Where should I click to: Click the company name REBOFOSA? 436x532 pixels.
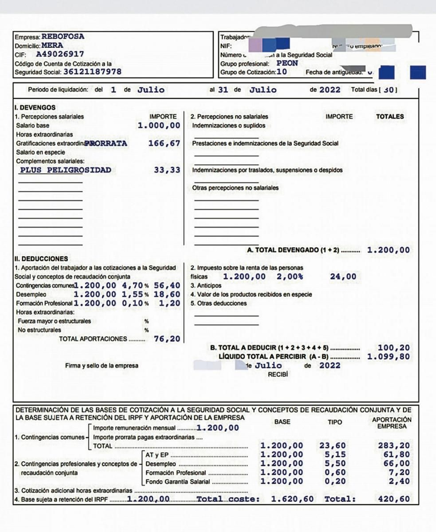click(63, 37)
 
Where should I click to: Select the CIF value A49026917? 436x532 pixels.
click(60, 54)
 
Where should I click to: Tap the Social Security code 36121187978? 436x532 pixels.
click(92, 72)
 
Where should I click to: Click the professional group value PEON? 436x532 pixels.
click(287, 63)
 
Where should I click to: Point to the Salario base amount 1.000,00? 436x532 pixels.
click(159, 125)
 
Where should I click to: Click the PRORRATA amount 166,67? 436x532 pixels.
click(164, 143)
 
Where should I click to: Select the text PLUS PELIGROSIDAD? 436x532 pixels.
click(65, 170)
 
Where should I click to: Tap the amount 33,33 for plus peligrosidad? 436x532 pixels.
click(167, 170)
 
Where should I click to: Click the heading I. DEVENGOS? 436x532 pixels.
click(35, 107)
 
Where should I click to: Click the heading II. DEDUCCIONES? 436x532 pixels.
click(41, 259)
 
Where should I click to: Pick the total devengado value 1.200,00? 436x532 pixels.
click(388, 250)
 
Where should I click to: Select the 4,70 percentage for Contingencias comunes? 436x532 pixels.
click(132, 285)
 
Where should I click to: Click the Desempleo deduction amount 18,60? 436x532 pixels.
click(167, 294)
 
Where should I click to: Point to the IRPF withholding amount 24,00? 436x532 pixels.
click(343, 276)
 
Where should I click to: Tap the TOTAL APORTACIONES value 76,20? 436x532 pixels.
click(167, 339)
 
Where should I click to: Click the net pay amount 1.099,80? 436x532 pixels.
click(388, 356)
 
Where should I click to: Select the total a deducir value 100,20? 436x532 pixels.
click(393, 348)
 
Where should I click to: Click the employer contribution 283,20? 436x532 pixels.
click(393, 445)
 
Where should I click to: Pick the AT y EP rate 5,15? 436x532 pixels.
click(335, 454)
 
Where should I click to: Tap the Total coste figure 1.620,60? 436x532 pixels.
click(292, 499)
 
